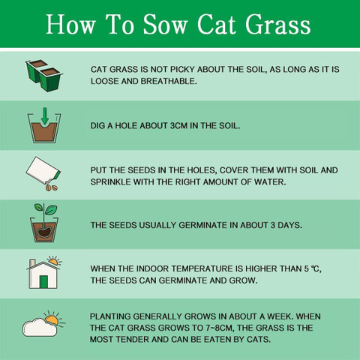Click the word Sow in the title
point(165,24)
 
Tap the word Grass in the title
point(278,24)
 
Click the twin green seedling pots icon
point(44,76)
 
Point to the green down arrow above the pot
point(45,116)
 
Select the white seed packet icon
point(43,169)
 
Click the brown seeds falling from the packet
point(52,187)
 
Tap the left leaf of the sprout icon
point(39,207)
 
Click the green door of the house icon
point(43,282)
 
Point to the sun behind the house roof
point(53,260)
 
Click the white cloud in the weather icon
point(40,327)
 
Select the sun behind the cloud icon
point(53,319)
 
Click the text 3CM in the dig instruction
point(178,125)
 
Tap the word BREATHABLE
point(169,81)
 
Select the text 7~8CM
point(220,328)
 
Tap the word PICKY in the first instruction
point(182,69)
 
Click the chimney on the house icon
point(32,263)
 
